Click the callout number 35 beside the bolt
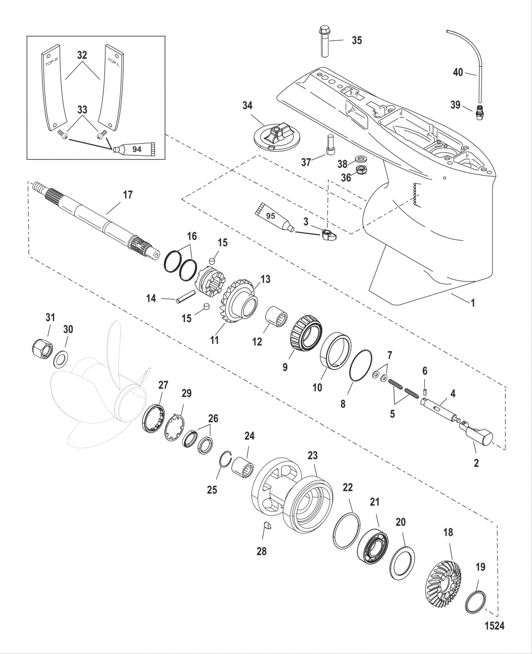click(356, 41)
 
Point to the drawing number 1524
click(494, 626)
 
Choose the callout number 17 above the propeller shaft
click(127, 195)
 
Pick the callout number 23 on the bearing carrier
click(312, 455)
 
